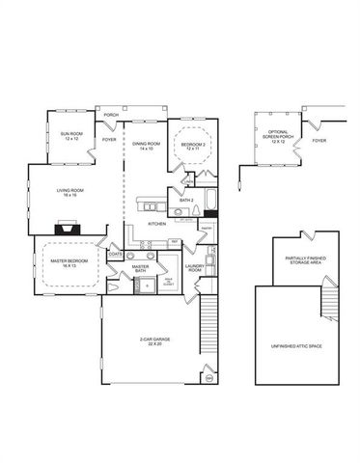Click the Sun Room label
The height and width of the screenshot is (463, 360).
pos(70,136)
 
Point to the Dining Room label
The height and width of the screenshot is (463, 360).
pos(146,145)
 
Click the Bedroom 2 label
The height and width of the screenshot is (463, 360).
pos(191,146)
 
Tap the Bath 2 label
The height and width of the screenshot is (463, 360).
pos(186,201)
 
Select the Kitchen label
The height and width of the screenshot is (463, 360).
pos(157,223)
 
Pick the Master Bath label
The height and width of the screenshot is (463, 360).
pos(140,269)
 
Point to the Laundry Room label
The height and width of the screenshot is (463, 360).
pos(194,269)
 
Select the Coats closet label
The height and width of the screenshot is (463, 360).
pos(115,255)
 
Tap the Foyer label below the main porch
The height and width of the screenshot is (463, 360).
pos(109,141)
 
